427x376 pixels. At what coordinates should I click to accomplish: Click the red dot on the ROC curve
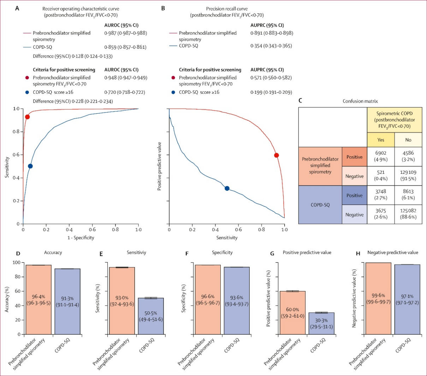27,117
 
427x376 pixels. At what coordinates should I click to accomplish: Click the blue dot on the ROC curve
30,166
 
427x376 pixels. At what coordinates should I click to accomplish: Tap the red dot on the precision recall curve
277,155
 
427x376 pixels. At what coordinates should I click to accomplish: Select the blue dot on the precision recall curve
227,188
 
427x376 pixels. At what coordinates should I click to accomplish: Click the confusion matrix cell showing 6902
381,156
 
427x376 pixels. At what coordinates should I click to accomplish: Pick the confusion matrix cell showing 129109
408,176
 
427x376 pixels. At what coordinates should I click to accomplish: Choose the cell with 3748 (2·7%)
381,195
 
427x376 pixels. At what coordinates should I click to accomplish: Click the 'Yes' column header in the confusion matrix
381,140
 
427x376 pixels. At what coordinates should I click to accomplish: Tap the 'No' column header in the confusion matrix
408,140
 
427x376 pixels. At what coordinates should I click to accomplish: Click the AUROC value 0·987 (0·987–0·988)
126,33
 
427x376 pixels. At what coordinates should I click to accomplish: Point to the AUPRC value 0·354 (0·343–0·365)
271,46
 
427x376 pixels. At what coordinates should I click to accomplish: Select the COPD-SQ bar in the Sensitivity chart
151,316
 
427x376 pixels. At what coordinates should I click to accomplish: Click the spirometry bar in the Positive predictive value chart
292,313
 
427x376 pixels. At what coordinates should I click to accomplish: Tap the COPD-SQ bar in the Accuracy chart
67,302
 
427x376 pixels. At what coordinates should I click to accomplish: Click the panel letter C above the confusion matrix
300,101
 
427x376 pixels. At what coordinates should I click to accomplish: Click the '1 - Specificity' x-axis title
81,237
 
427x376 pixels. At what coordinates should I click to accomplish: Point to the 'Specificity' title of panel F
222,253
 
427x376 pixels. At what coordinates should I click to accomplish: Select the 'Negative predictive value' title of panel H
392,253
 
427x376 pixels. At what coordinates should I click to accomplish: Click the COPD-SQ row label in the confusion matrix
320,205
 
